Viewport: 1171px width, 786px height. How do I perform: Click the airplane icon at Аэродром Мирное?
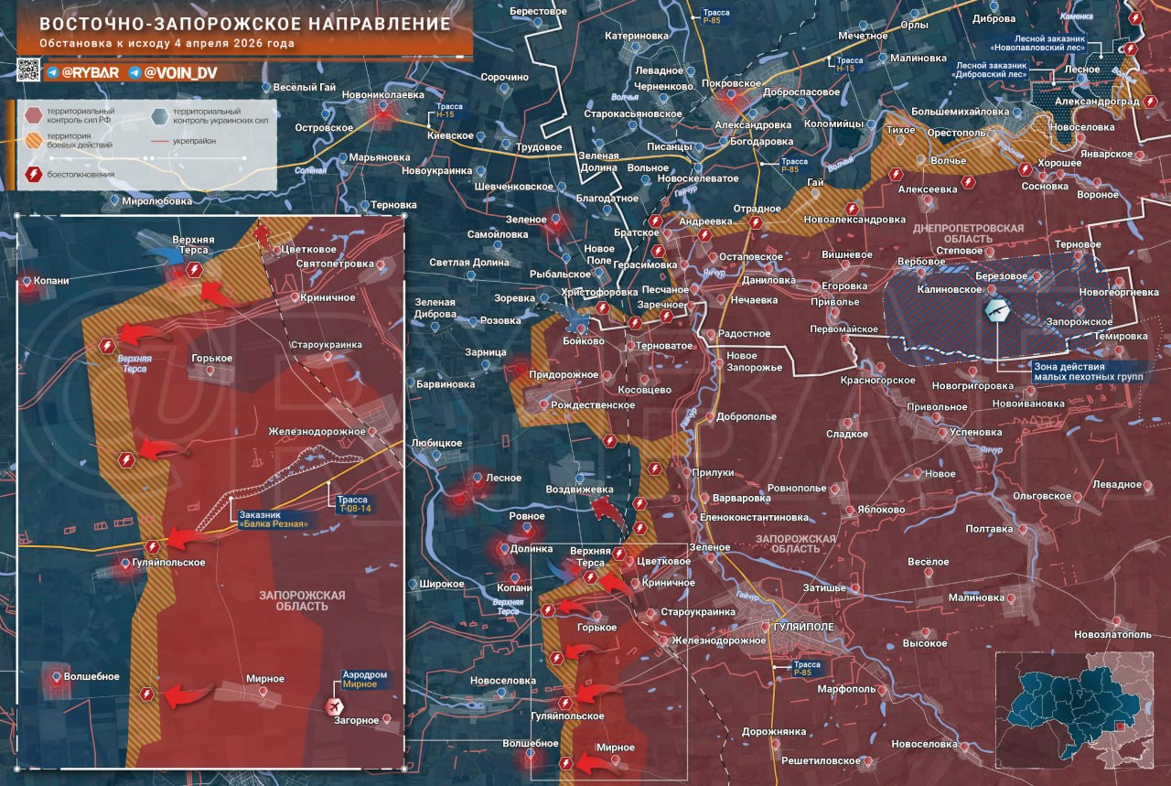334,705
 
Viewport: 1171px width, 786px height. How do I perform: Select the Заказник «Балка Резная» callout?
271,519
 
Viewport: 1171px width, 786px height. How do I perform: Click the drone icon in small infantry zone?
996,310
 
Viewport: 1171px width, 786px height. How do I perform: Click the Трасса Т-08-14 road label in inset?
354,503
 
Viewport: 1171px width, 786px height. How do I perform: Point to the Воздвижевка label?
579,490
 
